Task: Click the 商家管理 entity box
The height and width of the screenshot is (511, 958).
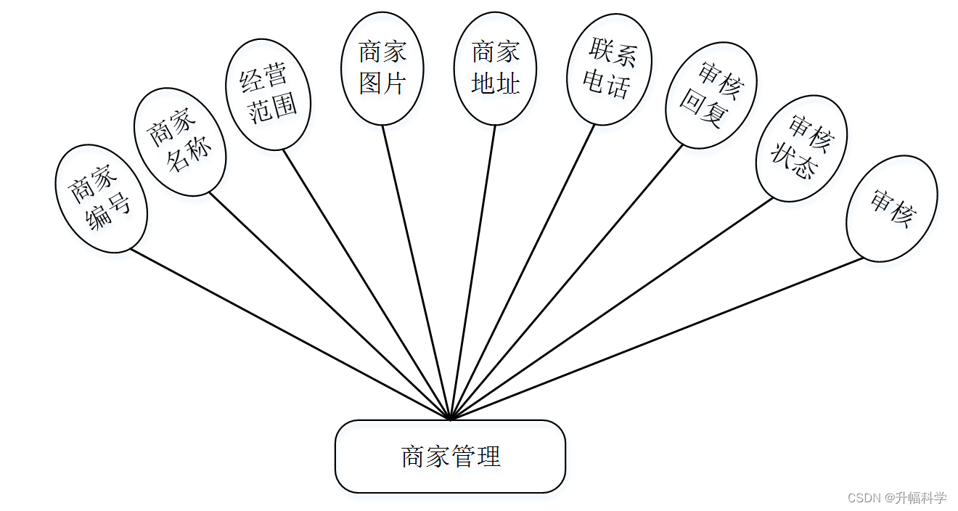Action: [450, 457]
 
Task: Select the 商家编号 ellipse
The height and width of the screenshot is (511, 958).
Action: [102, 198]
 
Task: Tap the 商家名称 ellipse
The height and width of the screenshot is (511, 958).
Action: [180, 142]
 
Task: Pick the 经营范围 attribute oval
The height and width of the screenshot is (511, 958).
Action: [269, 94]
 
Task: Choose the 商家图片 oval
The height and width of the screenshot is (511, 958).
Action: [382, 68]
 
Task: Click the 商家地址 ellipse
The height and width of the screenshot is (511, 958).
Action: [496, 68]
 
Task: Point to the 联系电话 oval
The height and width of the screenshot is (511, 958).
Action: [609, 69]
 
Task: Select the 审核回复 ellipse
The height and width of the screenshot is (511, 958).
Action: [711, 95]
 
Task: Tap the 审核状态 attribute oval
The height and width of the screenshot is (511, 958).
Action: [801, 147]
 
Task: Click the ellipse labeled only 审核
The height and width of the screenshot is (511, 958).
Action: [892, 208]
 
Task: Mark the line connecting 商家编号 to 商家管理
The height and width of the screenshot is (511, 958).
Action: [290, 335]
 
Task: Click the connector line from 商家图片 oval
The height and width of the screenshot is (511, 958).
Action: [417, 272]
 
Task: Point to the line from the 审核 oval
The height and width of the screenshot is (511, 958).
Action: [657, 338]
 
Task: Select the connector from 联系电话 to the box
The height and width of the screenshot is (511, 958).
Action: [523, 272]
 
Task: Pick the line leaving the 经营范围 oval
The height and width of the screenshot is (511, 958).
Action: [367, 284]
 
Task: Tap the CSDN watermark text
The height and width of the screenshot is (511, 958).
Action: [897, 498]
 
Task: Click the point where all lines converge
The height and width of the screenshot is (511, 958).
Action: [451, 419]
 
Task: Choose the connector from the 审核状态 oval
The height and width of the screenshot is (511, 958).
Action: [611, 308]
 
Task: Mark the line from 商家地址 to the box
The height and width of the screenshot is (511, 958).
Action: [473, 272]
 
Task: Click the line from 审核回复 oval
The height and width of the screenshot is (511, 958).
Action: [566, 283]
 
